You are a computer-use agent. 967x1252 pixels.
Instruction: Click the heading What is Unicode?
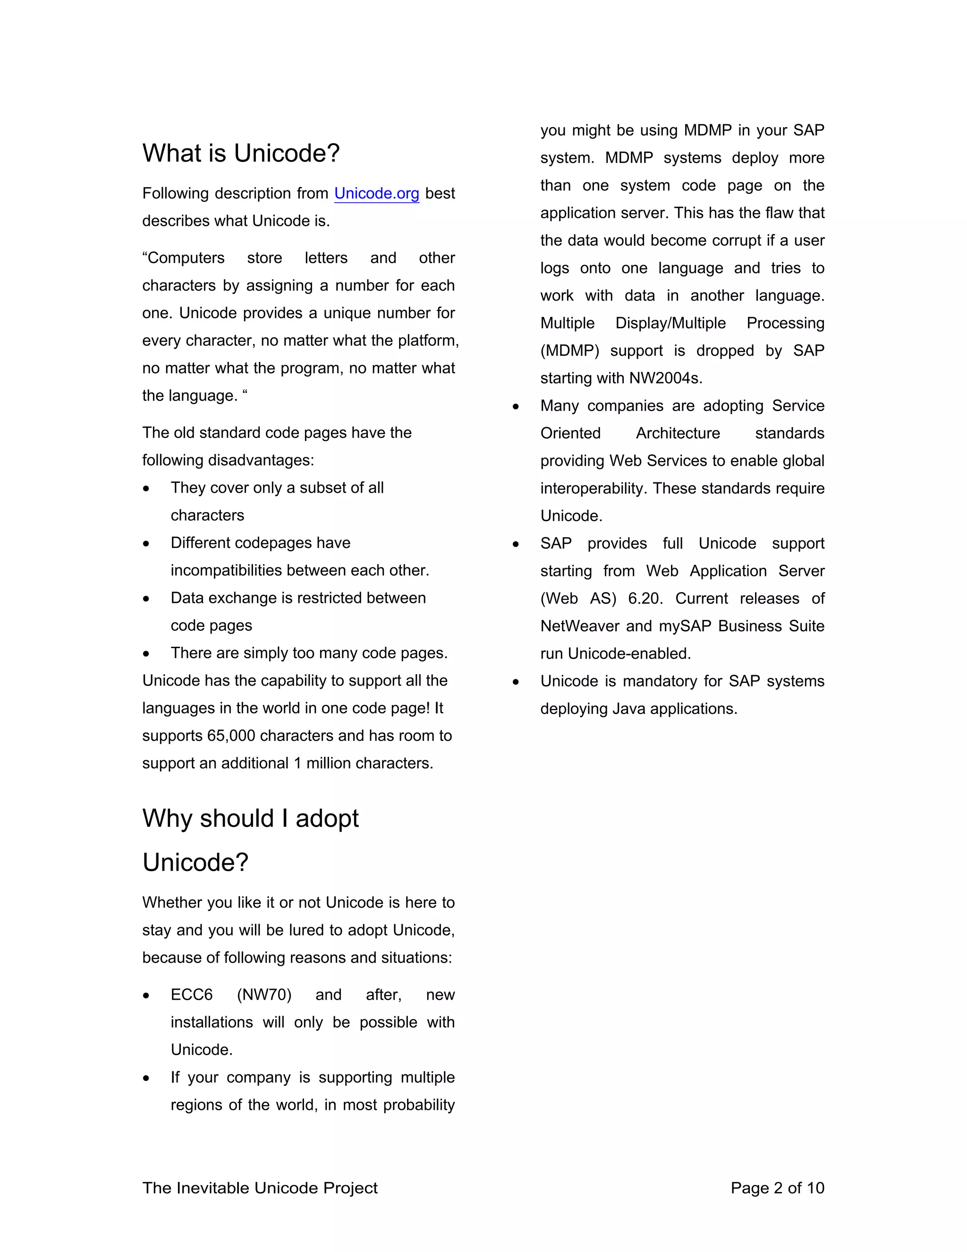click(241, 154)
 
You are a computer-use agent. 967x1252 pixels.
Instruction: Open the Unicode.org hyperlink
click(376, 194)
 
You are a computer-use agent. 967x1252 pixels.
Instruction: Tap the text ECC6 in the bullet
click(191, 995)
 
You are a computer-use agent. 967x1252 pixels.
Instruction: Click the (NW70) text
click(264, 995)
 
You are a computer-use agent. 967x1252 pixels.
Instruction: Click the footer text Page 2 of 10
click(777, 1188)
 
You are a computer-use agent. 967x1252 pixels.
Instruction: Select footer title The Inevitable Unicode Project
click(260, 1188)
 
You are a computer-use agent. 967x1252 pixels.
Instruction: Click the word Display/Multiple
click(670, 323)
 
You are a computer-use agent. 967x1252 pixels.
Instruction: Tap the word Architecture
click(678, 433)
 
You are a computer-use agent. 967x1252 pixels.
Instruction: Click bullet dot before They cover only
click(147, 489)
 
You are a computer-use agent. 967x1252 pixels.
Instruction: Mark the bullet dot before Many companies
click(516, 406)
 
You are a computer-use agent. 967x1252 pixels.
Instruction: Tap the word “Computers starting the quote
click(183, 258)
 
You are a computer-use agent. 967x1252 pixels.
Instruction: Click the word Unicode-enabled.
click(629, 653)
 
